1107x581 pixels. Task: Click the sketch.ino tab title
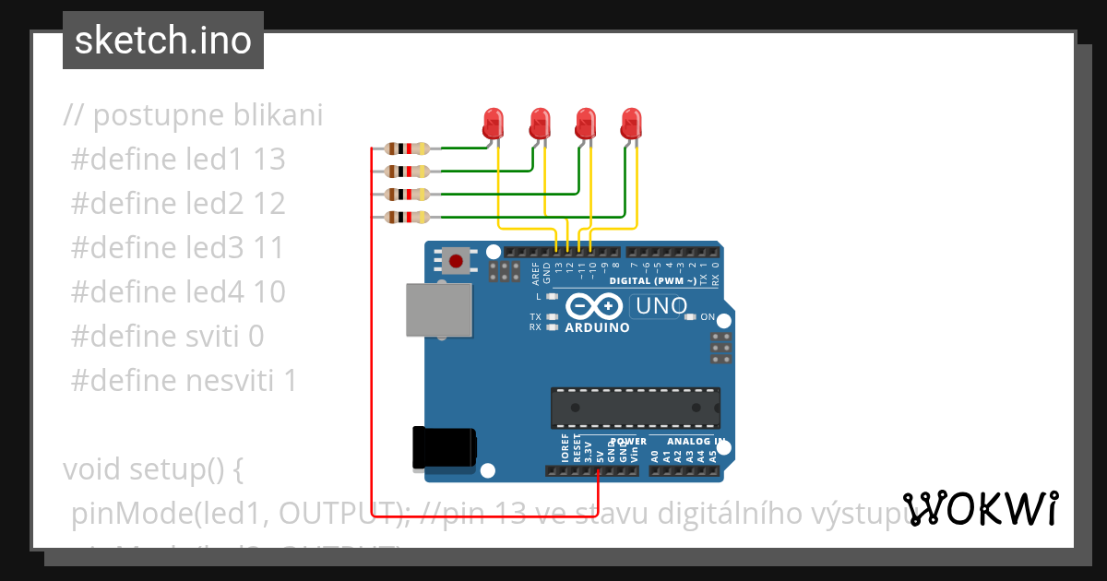click(162, 41)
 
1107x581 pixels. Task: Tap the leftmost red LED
click(494, 122)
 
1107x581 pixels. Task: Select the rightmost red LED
click(631, 122)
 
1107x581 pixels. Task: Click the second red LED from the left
click(540, 122)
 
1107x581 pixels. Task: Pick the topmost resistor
click(407, 148)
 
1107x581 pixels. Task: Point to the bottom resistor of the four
click(407, 218)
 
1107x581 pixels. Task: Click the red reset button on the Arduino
click(455, 260)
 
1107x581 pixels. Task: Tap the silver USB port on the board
click(438, 311)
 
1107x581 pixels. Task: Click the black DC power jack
click(444, 447)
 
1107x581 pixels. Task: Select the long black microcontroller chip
click(635, 408)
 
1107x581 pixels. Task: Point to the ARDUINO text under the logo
click(597, 327)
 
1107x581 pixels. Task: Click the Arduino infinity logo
click(595, 305)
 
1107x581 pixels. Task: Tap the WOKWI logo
click(982, 508)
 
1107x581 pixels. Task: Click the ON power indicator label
click(708, 317)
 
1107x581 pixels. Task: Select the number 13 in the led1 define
click(268, 160)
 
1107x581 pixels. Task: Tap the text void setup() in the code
click(152, 469)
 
